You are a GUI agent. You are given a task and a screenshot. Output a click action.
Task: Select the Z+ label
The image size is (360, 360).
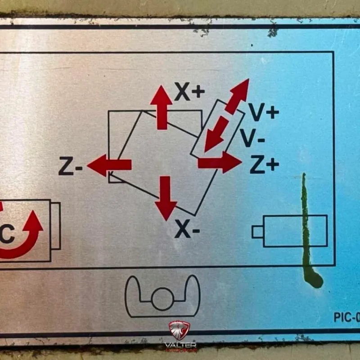264,166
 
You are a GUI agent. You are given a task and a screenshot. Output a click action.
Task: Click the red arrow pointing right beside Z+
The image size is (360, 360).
220,162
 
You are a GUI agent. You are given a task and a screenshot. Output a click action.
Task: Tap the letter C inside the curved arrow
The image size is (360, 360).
7,235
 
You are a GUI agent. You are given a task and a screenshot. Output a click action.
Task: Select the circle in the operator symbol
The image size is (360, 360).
162,299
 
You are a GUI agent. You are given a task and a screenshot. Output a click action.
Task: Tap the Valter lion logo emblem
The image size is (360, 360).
180,330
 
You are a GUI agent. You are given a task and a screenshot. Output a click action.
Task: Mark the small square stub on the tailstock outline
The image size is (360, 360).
257,231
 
